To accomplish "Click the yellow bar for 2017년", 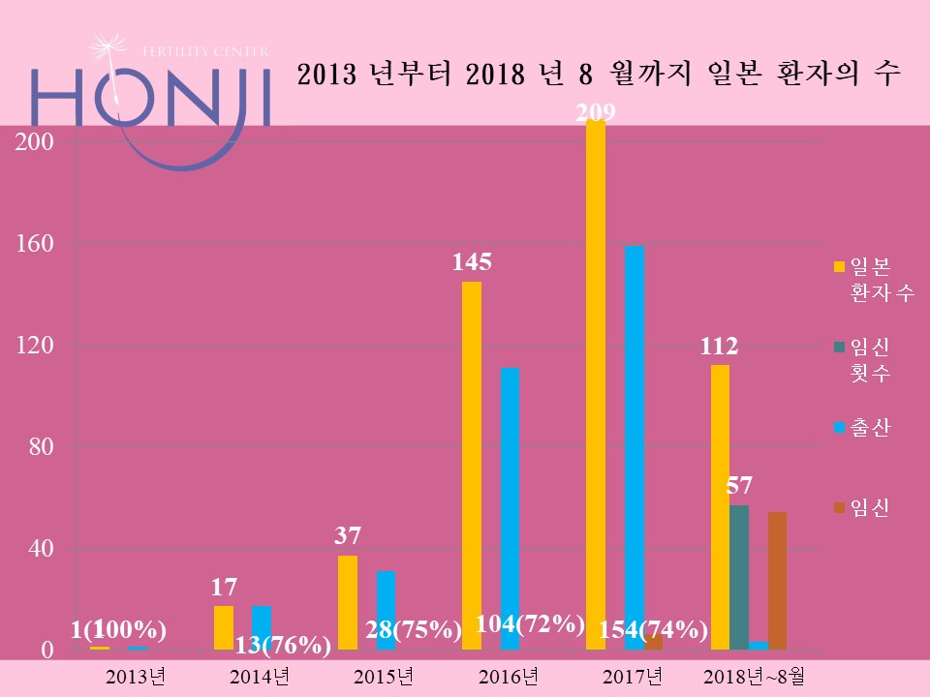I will click(596, 387).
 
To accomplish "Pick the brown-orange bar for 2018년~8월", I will click(777, 581).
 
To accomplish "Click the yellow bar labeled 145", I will click(472, 465).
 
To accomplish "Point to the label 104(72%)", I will click(531, 624).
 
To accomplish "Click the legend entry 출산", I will click(870, 427).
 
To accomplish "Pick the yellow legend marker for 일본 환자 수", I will click(839, 266).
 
